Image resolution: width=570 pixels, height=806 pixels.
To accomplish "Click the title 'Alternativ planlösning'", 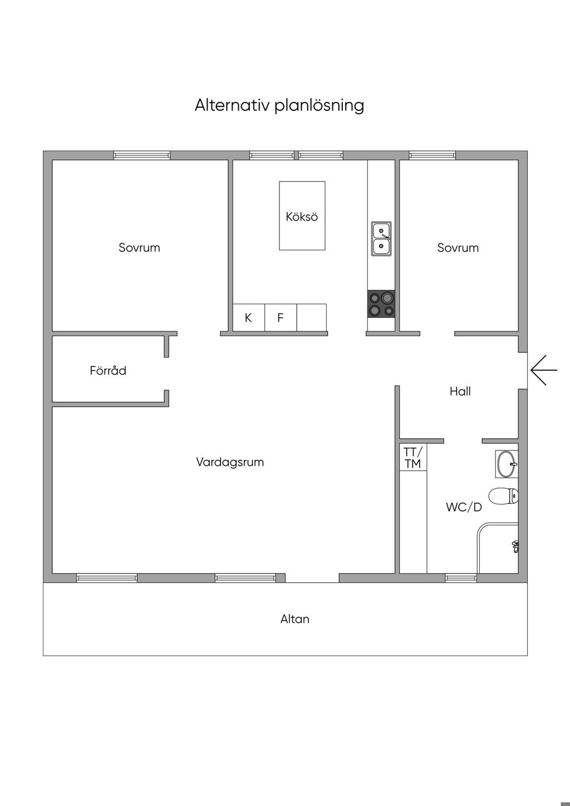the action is click(279, 105).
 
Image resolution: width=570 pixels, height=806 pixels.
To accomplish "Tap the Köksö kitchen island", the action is click(302, 215).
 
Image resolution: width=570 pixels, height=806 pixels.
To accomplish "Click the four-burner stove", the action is click(381, 304).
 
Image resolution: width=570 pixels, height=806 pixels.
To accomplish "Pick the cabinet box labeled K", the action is click(248, 318).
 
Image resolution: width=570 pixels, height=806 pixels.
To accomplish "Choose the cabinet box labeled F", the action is click(281, 318).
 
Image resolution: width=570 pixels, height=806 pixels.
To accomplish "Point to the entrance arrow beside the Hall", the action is click(543, 370).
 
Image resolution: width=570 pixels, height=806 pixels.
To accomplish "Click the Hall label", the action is click(460, 391).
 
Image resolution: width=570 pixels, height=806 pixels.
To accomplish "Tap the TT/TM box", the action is click(413, 458).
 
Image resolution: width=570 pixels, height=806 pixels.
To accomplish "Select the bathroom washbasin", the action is click(507, 464).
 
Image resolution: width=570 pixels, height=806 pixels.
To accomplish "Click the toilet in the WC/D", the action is click(503, 495).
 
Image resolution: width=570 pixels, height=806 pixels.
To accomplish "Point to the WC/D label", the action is click(464, 507).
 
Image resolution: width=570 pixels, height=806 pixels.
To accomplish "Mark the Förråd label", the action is click(108, 370).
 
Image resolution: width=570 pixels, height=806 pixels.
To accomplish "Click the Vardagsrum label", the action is click(230, 462).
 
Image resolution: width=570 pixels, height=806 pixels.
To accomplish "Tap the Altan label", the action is click(295, 619).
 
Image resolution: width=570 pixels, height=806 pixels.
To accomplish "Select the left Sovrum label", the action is click(139, 248).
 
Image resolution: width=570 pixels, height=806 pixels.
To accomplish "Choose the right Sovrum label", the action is click(458, 248).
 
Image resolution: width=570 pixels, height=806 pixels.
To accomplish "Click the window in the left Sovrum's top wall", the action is click(142, 155).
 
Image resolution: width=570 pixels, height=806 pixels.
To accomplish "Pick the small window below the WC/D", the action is click(461, 578).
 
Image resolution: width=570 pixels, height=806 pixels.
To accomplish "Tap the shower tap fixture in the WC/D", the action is click(515, 546).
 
